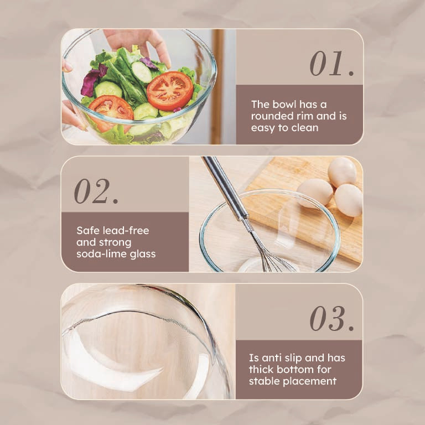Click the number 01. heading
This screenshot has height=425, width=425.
(x=332, y=64)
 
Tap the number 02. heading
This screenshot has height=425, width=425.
(x=96, y=191)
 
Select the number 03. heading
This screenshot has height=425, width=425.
(x=332, y=319)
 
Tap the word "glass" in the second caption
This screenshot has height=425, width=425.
(x=143, y=255)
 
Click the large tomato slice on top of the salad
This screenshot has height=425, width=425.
(x=170, y=91)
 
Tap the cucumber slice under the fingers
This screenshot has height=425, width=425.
(x=141, y=72)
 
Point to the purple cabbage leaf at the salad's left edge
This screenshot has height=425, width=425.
(x=93, y=80)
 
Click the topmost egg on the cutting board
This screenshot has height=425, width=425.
(x=342, y=172)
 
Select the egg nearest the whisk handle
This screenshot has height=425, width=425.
(x=315, y=193)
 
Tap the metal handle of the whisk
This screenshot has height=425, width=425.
(x=226, y=188)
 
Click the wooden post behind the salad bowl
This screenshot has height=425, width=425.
(x=217, y=87)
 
